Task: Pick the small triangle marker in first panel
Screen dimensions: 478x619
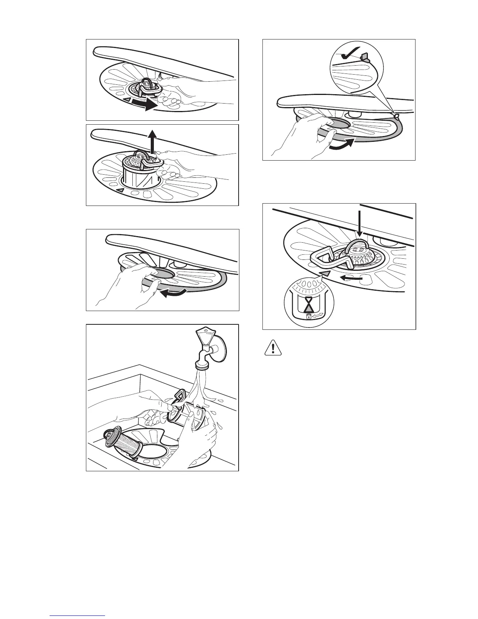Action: pyautogui.click(x=126, y=101)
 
